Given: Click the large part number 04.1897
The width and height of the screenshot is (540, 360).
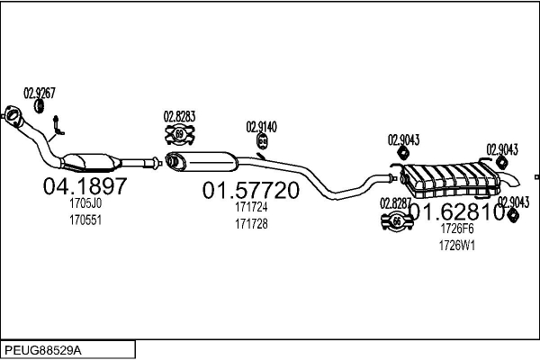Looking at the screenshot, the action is pos(85,186).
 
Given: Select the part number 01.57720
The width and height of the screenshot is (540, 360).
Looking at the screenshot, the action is pos(251,190).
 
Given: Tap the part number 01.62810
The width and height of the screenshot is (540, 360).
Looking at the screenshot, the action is pos(458,211).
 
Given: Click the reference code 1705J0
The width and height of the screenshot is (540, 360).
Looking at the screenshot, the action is pos(85,203).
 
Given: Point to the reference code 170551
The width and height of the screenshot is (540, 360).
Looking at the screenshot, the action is pos(85,220).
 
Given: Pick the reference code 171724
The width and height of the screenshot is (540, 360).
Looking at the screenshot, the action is pos(251,207).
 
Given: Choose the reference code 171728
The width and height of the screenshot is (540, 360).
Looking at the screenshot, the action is pos(251,224).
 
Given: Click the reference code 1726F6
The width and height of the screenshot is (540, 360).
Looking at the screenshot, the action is pos(457,229).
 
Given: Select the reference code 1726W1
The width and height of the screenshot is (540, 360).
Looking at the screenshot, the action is pos(457,246).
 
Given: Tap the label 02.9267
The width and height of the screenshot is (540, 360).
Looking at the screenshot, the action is pos(40,93).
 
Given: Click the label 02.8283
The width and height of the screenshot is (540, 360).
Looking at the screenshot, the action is pos(179,116).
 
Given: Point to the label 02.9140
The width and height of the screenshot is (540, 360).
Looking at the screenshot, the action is pos(261,127).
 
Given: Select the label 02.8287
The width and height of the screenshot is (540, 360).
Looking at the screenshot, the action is pos(395,203).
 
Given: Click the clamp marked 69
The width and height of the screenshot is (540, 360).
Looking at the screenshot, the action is pos(179,134).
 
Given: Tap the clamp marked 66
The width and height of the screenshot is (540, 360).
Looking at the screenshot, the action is pos(397,221).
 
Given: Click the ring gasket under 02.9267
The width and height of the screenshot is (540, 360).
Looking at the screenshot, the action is pos(40,106).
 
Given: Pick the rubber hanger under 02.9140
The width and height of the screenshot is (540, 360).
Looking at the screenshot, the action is pos(263,141).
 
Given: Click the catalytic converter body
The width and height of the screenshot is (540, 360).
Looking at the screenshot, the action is pos(91,162).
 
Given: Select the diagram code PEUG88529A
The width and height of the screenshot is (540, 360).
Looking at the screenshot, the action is pos(43,350).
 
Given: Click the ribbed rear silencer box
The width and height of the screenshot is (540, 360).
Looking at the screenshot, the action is pos(451,180).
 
